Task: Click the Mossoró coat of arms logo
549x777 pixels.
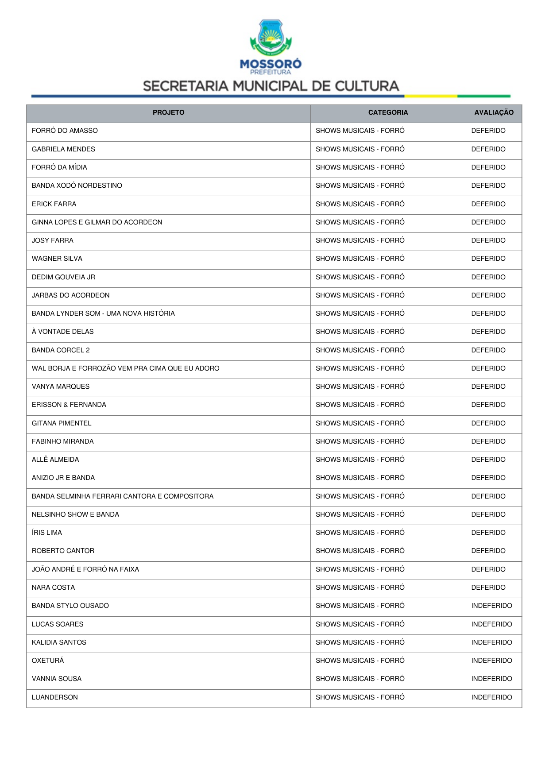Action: [271, 37]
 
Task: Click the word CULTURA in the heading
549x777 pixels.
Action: [367, 86]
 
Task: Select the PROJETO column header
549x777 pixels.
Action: [168, 112]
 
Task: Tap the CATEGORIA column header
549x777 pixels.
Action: [388, 112]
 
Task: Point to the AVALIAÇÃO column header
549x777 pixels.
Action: [494, 112]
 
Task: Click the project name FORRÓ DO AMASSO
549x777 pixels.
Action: [65, 131]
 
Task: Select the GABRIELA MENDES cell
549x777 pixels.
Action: [63, 149]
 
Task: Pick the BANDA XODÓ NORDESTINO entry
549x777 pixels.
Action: [77, 186]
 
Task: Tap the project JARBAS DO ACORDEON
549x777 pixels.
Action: [70, 295]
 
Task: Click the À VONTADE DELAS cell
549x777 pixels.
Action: [62, 332]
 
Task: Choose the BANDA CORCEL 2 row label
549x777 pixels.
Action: [61, 350]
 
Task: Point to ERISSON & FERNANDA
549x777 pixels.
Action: [69, 405]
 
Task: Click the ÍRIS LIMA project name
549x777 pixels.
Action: [47, 533]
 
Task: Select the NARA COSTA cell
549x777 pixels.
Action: [53, 588]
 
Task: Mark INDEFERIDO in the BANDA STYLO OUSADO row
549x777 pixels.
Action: [491, 606]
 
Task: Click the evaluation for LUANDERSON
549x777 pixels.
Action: [491, 697]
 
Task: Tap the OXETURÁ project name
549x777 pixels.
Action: [48, 661]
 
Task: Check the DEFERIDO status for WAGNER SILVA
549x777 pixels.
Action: [488, 259]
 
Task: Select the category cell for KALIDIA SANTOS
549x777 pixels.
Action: [360, 642]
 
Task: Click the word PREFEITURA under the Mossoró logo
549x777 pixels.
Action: [271, 72]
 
